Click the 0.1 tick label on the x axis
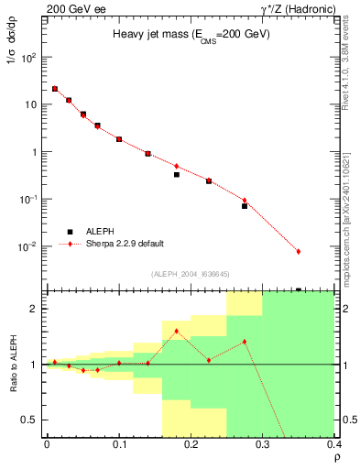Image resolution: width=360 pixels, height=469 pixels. coord(119,444)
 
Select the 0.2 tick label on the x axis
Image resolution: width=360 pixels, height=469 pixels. coord(191,444)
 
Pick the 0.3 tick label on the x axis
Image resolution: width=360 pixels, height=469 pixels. coord(263,444)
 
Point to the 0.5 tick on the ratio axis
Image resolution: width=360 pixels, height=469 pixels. coord(33,420)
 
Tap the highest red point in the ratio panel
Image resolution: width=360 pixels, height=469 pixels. coord(176,331)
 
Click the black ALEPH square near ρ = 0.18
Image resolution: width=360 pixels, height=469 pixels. coord(176,174)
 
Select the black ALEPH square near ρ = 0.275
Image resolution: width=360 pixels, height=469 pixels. coord(245,206)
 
